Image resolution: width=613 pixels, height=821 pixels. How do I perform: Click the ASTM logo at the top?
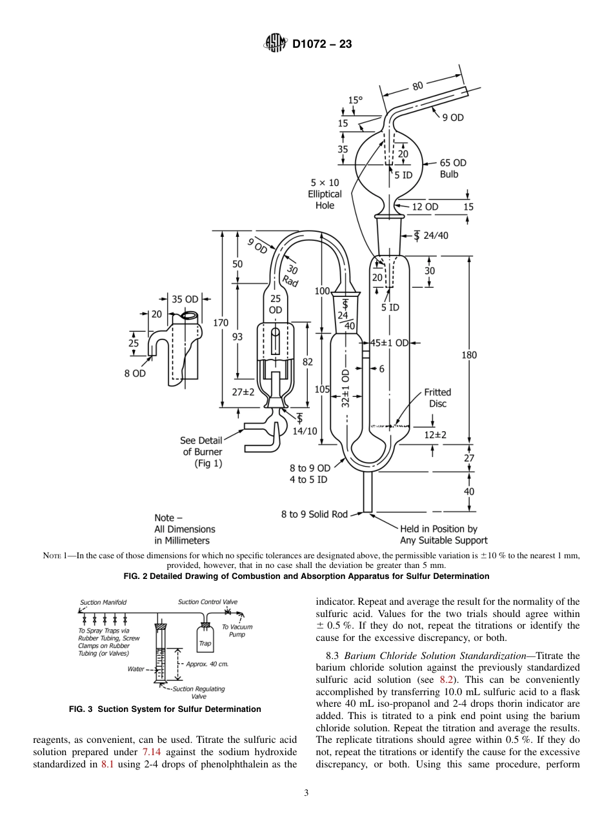coord(276,45)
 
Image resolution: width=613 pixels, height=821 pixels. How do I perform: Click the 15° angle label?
coord(356,100)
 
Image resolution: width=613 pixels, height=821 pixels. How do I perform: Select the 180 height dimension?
coord(469,355)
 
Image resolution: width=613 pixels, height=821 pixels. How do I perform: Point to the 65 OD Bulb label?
coord(453,168)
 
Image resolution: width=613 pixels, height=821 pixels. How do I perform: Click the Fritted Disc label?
coord(437,398)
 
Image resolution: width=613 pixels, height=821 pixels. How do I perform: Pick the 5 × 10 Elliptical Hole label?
coord(325,194)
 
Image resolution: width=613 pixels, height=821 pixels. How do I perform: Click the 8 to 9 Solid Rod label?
coord(314,514)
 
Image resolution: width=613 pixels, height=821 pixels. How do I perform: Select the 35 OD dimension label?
coord(185,299)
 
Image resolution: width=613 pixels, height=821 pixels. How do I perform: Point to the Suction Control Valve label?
coord(208,602)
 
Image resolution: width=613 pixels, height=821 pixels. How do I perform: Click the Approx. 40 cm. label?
coord(207,664)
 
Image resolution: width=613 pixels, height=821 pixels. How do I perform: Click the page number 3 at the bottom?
coord(306,793)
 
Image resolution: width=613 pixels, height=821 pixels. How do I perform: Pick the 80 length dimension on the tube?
coord(417,85)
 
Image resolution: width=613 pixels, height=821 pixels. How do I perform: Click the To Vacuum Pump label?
coord(237,630)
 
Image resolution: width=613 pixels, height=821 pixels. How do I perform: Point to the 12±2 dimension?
coord(436,435)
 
